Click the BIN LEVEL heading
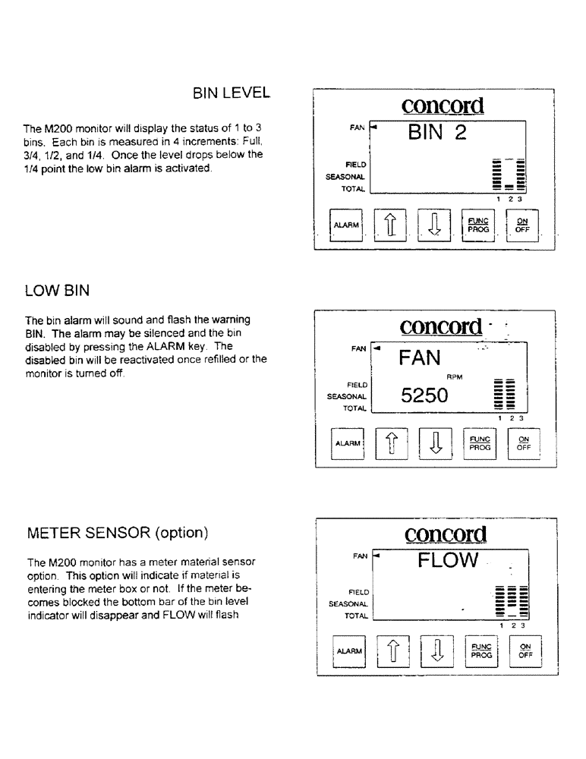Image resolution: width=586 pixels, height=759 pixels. click(x=231, y=93)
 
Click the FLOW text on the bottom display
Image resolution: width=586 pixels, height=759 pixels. click(x=448, y=561)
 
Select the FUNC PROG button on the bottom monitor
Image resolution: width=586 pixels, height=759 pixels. click(x=481, y=651)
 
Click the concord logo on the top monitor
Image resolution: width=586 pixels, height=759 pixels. click(x=443, y=105)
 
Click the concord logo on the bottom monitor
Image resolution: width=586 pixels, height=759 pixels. click(x=446, y=535)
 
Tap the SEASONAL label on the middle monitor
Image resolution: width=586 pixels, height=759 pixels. click(x=348, y=396)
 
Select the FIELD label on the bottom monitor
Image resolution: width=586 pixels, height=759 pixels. click(x=358, y=592)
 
